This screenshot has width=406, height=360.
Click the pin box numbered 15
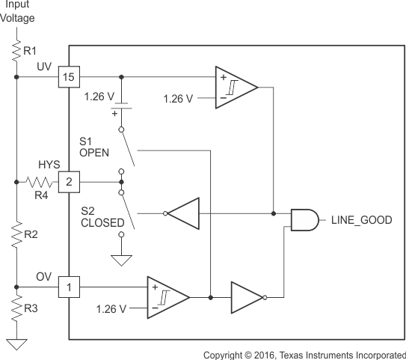click(69, 76)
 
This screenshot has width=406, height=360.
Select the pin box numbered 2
click(69, 181)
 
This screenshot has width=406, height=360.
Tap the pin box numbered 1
click(69, 286)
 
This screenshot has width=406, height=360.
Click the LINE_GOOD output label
click(360, 219)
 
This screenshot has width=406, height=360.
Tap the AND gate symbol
click(301, 219)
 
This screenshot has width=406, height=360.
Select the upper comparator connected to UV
click(233, 87)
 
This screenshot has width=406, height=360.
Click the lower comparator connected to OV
click(166, 296)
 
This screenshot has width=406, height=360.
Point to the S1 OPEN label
click(94, 145)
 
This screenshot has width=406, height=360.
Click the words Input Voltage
click(16, 11)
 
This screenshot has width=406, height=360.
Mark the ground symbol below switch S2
click(120, 259)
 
